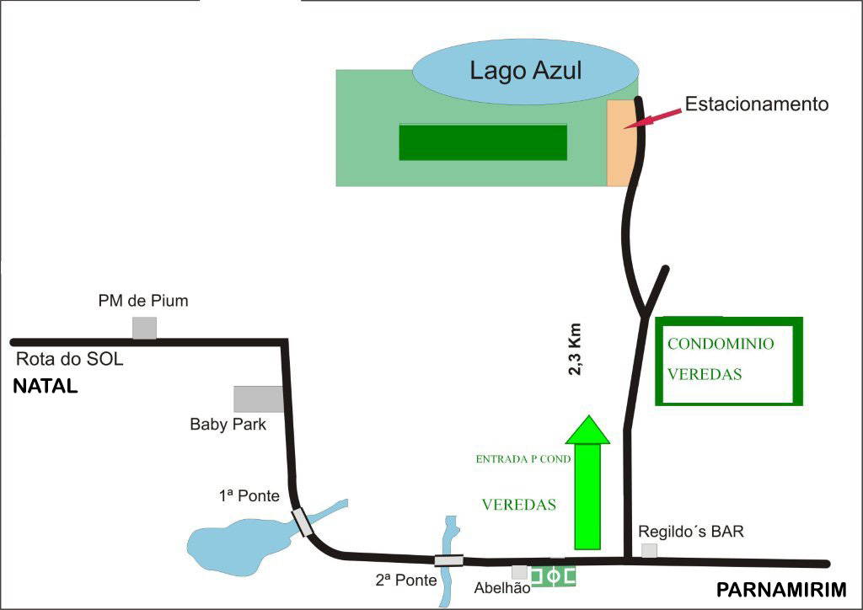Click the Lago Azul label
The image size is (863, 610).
pos(526,70)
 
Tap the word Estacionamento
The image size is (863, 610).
pos(756,104)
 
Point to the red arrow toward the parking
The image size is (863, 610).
pos(657,118)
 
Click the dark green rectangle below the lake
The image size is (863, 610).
pos(482,142)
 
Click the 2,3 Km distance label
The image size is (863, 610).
pos(577,348)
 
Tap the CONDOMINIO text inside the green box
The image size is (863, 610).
pos(721,344)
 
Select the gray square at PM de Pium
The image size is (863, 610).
pos(144,328)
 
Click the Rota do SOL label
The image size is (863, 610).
pos(70,360)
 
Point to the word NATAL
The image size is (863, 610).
pos(45,388)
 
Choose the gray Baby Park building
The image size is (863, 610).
pos(258,399)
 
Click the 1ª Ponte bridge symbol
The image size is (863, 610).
pos(302,522)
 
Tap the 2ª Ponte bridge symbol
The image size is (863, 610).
pos(448,560)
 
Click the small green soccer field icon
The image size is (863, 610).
pos(553,576)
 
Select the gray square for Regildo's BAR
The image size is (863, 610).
pos(649,550)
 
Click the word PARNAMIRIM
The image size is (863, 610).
pos(780,589)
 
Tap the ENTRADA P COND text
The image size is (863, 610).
pos(523,459)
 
